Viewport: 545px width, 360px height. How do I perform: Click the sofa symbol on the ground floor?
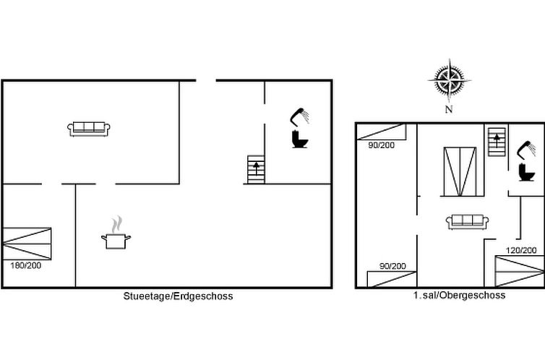89,129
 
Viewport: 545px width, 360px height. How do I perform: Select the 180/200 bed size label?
26,265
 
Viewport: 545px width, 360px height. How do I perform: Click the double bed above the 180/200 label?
27,244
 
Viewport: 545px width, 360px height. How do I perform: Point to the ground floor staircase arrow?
256,168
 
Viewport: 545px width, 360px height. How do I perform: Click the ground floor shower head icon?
300,116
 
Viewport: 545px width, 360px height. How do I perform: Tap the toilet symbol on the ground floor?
300,139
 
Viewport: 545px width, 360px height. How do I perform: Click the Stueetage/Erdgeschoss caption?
178,296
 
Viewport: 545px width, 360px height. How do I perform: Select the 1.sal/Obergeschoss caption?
459,296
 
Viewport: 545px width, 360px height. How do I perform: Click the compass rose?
450,81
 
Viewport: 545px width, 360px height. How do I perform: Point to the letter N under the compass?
449,109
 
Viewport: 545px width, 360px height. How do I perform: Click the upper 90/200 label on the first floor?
382,145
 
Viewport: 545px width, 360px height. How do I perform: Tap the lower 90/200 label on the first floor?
392,266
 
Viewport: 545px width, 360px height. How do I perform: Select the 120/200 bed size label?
521,250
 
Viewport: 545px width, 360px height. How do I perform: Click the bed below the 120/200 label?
520,271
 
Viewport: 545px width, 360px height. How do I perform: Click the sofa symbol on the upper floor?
467,222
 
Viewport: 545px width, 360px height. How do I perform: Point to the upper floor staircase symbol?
497,142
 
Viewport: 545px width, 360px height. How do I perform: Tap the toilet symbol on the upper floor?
526,172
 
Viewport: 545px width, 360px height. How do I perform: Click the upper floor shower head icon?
526,149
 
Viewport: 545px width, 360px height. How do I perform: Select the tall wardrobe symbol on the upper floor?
460,171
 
